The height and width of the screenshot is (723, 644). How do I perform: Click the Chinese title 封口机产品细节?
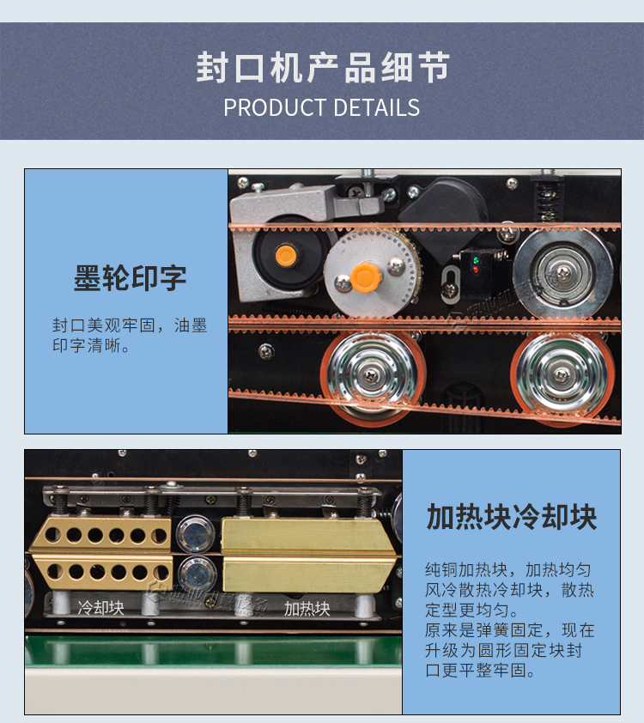[322, 69]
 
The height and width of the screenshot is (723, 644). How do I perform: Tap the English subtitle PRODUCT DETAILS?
[322, 108]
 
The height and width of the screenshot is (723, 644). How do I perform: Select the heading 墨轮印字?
[130, 278]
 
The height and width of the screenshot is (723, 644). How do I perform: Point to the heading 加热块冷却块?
[511, 518]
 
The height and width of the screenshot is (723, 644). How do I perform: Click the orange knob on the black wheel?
[284, 254]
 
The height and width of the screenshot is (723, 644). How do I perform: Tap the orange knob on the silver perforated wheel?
[365, 276]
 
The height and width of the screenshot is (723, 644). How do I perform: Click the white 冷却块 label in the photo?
[101, 607]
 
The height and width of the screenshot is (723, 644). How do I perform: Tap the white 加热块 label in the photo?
[307, 609]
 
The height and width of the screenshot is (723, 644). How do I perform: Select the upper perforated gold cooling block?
[100, 534]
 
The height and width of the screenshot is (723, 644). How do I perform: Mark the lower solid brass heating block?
[307, 574]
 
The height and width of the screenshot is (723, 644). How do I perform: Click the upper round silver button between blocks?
[195, 532]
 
